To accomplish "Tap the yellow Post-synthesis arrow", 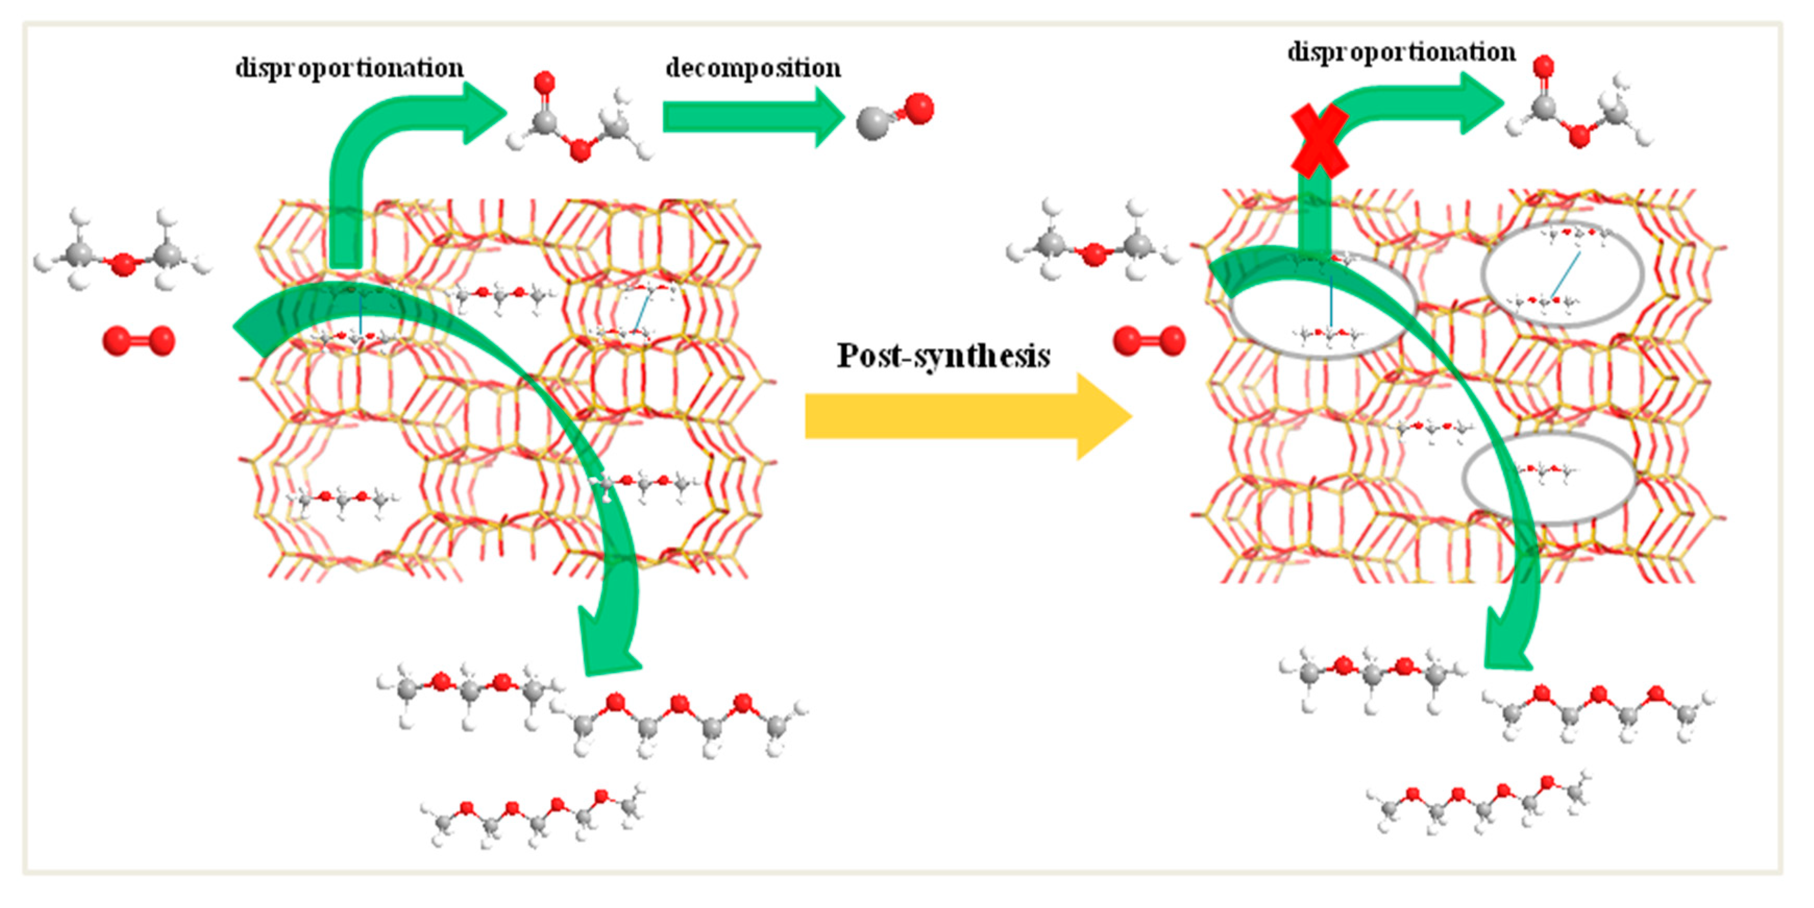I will pyautogui.click(x=965, y=416).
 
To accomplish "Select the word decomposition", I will pyautogui.click(x=753, y=68).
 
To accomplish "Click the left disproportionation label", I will pyautogui.click(x=349, y=68).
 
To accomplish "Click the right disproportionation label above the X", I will pyautogui.click(x=1401, y=52).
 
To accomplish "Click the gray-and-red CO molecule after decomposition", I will pyautogui.click(x=894, y=116).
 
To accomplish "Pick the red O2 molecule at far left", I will pyautogui.click(x=139, y=341).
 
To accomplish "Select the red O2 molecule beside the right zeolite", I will pyautogui.click(x=1148, y=341).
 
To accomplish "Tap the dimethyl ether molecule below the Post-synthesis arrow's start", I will pyautogui.click(x=1092, y=243).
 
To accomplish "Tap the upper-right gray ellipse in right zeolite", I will pyautogui.click(x=1562, y=275).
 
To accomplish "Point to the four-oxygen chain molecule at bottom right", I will pyautogui.click(x=1479, y=803).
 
